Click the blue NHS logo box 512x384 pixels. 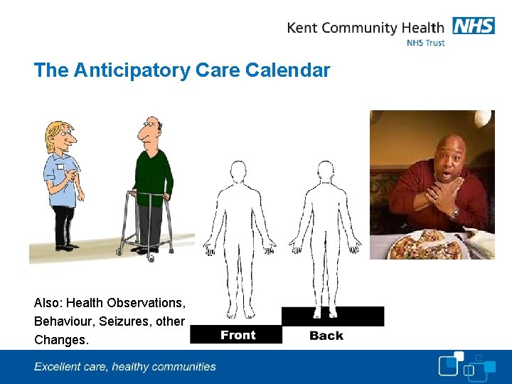pos(472,26)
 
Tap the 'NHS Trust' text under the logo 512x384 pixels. pos(425,43)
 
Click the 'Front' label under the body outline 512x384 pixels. pos(238,335)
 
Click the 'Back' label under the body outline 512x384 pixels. pos(326,335)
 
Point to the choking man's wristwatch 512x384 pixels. pos(454,213)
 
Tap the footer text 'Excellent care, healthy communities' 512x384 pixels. pos(125,367)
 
